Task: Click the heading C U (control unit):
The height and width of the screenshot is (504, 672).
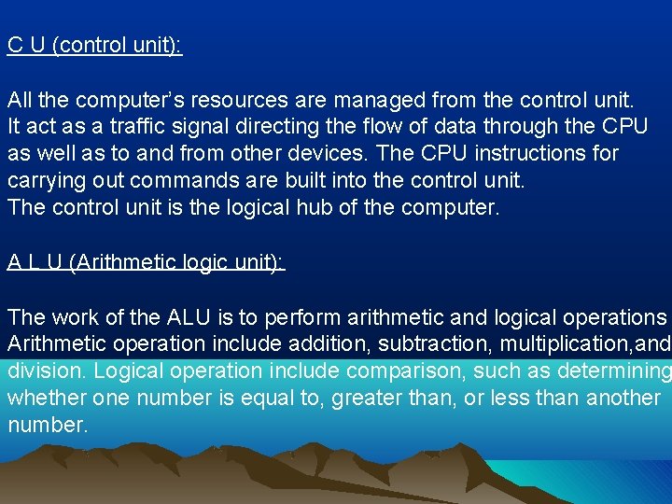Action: click(x=94, y=46)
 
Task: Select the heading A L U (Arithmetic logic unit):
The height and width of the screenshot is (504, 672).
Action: click(x=146, y=263)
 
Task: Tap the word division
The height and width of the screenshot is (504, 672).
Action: click(x=44, y=371)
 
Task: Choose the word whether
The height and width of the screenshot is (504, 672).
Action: click(x=46, y=399)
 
